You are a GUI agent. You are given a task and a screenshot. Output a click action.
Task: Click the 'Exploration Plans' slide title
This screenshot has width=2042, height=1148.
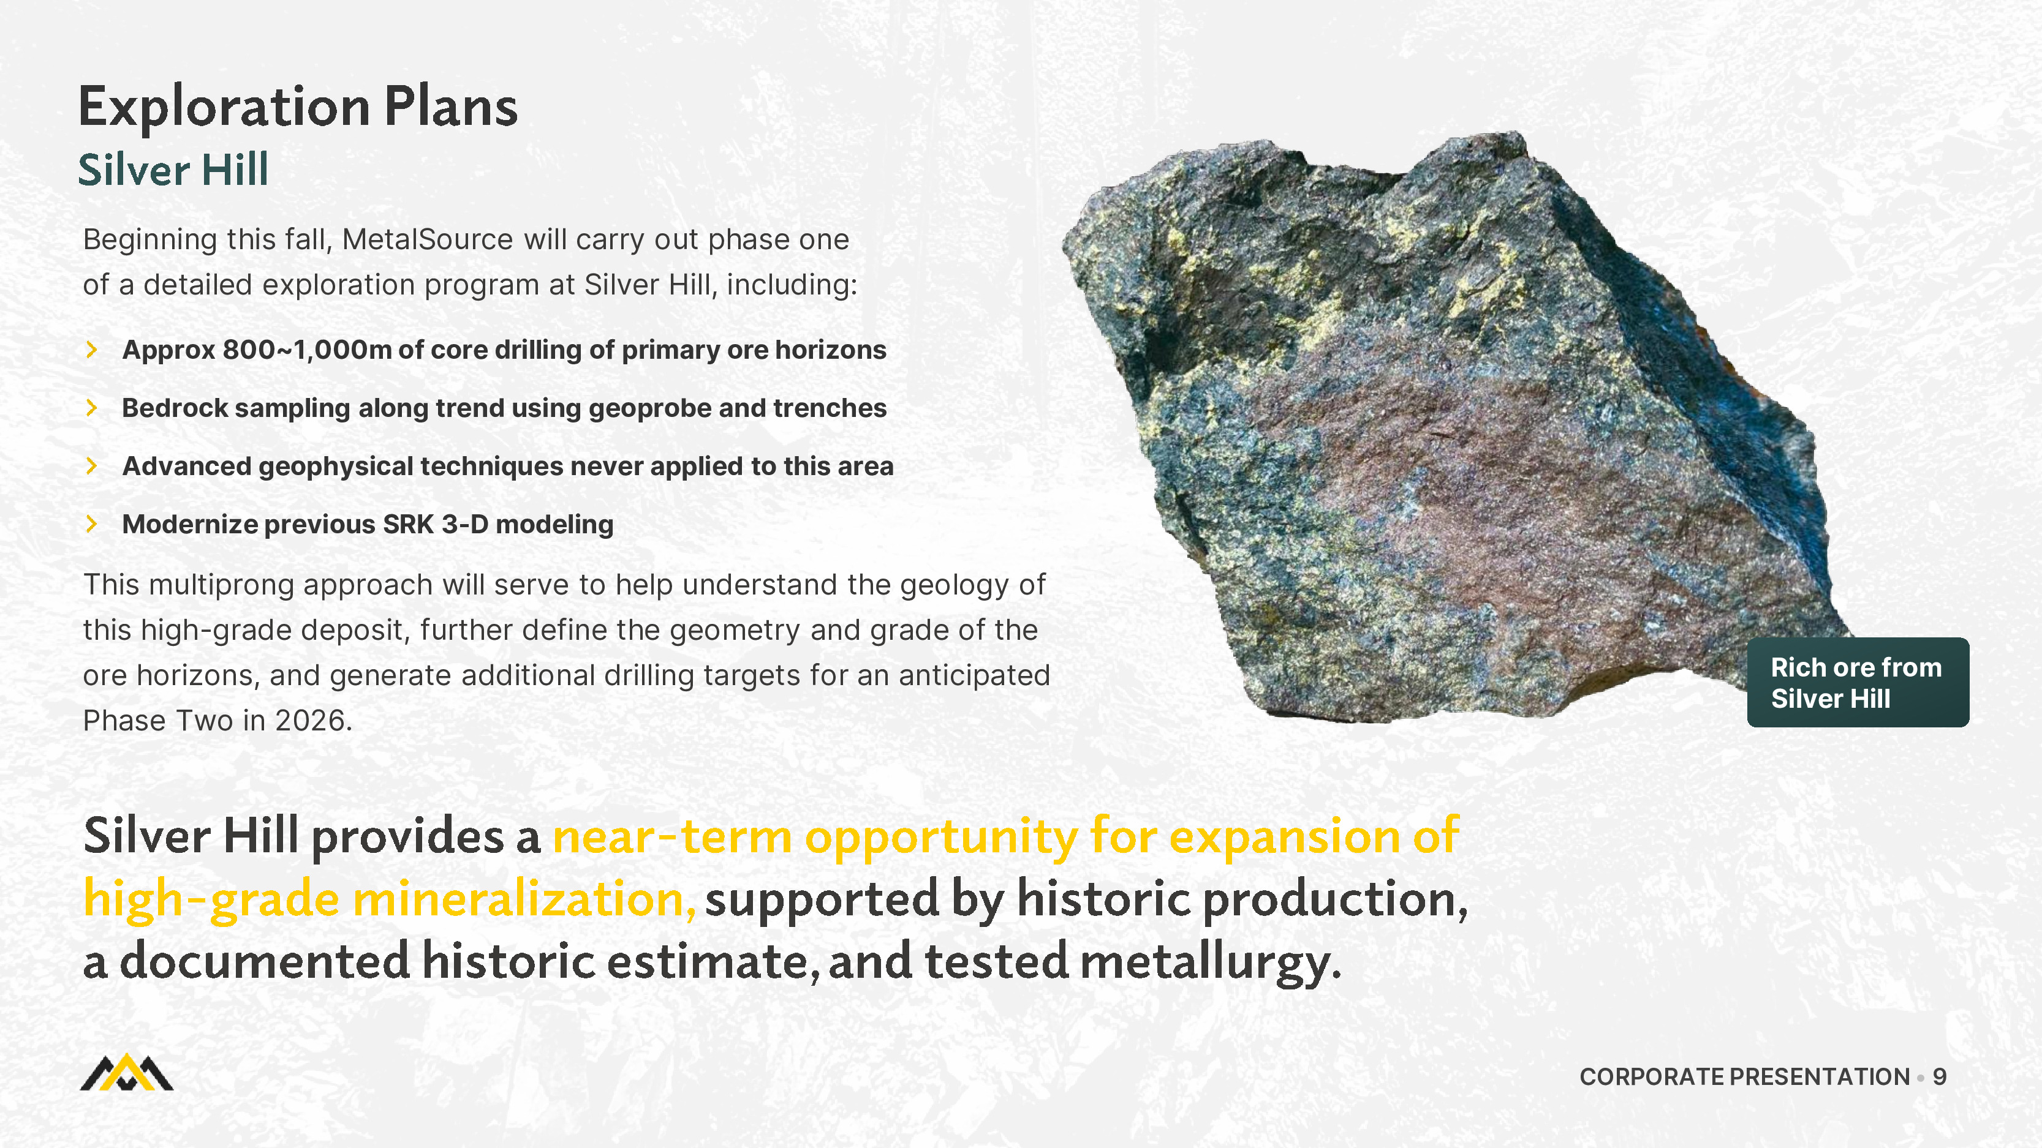(x=298, y=107)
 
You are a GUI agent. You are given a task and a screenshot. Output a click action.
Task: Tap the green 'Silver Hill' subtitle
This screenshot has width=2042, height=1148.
(x=173, y=170)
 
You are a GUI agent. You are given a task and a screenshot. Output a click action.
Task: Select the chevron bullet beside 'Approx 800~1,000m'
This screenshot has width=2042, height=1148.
(x=92, y=350)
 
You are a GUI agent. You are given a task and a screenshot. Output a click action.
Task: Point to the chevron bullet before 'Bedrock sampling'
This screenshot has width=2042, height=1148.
(x=92, y=407)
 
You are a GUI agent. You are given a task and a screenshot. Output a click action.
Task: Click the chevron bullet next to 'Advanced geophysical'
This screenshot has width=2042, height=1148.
(x=92, y=466)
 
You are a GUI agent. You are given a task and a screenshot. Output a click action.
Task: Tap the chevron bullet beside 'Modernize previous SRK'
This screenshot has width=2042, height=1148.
(x=92, y=523)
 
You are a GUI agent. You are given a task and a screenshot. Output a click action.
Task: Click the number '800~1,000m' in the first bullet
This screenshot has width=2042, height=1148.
(x=308, y=350)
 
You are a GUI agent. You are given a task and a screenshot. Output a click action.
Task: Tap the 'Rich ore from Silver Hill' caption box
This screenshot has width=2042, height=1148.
(x=1858, y=682)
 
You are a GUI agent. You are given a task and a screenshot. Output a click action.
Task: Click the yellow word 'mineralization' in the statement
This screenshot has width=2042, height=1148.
(x=523, y=899)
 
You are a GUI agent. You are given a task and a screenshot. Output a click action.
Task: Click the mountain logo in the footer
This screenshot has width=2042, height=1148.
(x=127, y=1073)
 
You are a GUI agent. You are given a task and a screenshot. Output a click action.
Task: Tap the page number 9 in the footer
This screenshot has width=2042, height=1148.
(x=1939, y=1078)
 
